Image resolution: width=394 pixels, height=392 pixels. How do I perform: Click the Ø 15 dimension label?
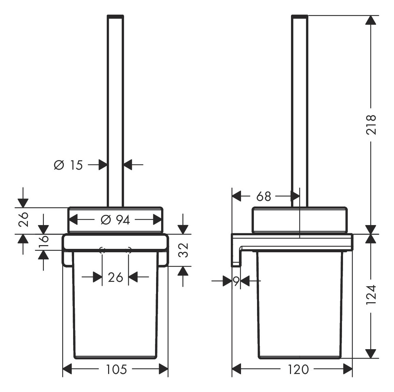68,165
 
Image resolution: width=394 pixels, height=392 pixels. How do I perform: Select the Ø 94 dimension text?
115,220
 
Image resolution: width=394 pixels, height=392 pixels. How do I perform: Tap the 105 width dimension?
116,369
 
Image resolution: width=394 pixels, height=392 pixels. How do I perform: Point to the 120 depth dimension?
298,369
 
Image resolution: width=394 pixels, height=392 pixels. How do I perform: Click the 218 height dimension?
371,125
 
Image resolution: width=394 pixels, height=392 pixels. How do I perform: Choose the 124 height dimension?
371,295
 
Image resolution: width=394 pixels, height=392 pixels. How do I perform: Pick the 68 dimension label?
263,197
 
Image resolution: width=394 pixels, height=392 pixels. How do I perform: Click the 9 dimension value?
236,282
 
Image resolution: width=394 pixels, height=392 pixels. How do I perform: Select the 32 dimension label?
183,250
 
